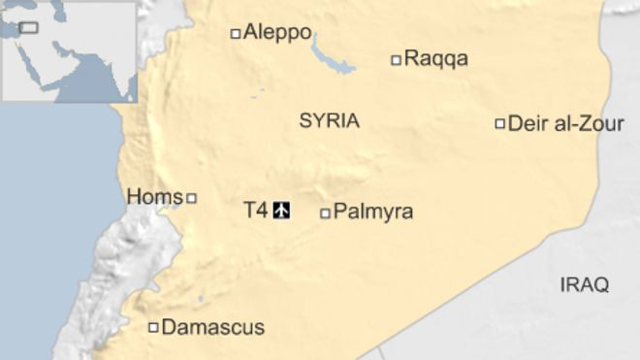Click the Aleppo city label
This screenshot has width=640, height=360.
tap(277, 33)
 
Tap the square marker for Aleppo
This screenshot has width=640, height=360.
tap(235, 34)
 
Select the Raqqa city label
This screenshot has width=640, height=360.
tap(435, 59)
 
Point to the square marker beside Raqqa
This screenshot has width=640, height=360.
tap(396, 60)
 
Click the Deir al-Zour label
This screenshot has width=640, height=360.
tap(566, 123)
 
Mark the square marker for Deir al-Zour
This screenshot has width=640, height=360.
tap(500, 123)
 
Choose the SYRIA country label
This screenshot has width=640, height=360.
tap(329, 121)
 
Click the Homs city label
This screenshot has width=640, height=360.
tap(154, 197)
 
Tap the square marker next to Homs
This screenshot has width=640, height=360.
tap(191, 198)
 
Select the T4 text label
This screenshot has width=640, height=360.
tap(254, 209)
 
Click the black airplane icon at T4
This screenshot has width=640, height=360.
tap(281, 209)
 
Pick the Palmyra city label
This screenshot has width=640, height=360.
tap(373, 212)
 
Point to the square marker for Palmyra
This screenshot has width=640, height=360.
tap(325, 213)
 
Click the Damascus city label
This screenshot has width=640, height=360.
tap(212, 328)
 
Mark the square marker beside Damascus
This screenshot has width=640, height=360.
tap(153, 328)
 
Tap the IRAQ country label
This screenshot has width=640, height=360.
tap(585, 284)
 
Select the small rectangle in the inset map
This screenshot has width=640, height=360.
tap(29, 27)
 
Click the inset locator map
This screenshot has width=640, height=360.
tap(68, 50)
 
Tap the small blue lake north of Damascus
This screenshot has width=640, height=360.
tap(201, 298)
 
